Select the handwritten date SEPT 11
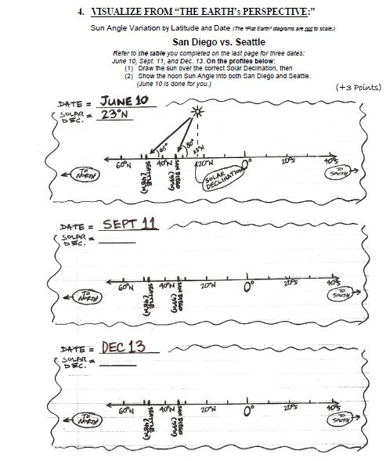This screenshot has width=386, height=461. (128, 225)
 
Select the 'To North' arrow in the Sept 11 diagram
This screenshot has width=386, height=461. (85, 297)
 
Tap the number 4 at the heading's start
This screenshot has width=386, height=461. (81, 13)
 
